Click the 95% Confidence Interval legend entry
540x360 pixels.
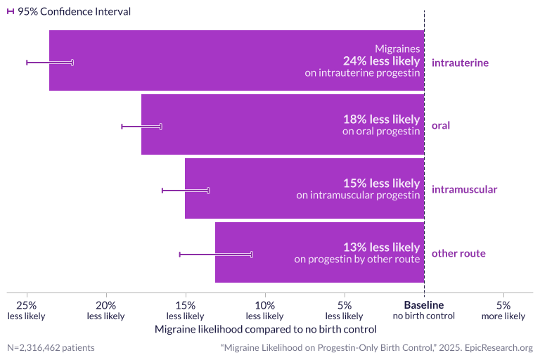pyautogui.click(x=68, y=11)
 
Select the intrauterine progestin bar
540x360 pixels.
pyautogui.click(x=211, y=60)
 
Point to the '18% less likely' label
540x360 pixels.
pyautogui.click(x=381, y=120)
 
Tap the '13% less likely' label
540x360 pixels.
pyautogui.click(x=381, y=247)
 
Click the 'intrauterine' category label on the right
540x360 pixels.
pyautogui.click(x=460, y=63)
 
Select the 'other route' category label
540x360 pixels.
pyautogui.click(x=458, y=253)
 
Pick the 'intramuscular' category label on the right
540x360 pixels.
pyautogui.click(x=464, y=189)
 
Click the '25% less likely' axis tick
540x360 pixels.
pyautogui.click(x=27, y=310)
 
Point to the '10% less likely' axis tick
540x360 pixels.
pyautogui.click(x=264, y=310)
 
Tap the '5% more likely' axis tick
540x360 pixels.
pyautogui.click(x=503, y=310)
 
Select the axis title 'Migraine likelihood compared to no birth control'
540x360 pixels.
pyautogui.click(x=265, y=329)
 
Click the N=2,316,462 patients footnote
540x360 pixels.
pyautogui.click(x=51, y=347)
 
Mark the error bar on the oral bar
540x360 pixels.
pyautogui.click(x=141, y=127)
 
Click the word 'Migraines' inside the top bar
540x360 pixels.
pyautogui.click(x=397, y=49)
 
